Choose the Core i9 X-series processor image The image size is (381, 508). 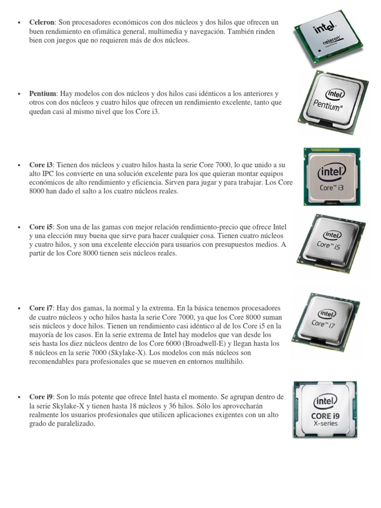325,409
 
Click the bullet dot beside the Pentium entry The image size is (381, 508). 18,94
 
